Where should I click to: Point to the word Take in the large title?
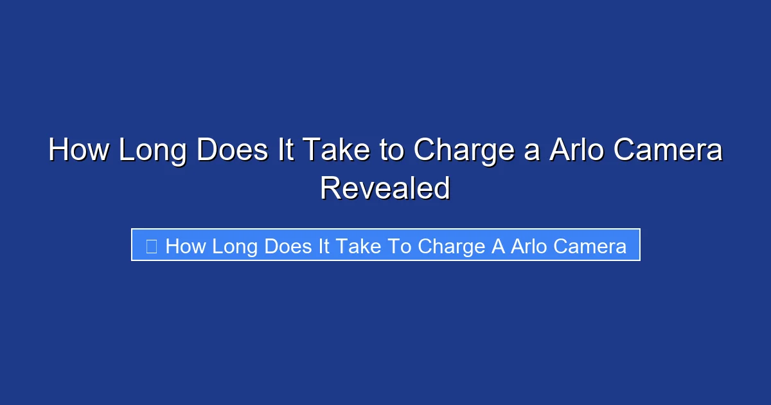(335, 152)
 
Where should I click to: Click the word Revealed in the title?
(385, 188)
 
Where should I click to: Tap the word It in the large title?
(287, 152)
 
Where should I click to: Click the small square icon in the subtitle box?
(152, 246)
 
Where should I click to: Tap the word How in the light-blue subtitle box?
(186, 246)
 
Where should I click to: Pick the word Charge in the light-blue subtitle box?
(449, 246)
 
